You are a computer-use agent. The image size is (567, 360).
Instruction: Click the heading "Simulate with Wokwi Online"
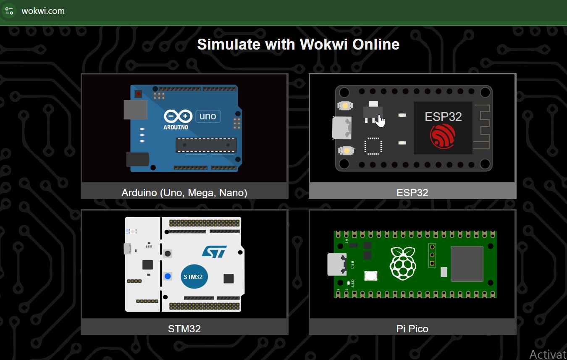(298, 44)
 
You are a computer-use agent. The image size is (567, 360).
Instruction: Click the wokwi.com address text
(43, 11)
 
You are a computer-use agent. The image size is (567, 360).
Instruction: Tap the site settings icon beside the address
(9, 11)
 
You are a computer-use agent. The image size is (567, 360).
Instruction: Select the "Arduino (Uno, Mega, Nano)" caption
(184, 193)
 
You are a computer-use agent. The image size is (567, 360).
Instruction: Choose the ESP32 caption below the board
(412, 193)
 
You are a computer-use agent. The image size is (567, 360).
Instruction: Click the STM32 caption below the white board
(184, 328)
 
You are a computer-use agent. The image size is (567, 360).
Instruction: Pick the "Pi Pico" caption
(412, 328)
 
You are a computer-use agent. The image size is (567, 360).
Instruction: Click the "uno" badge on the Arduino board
(208, 116)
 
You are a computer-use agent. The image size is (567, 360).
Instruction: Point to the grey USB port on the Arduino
(135, 109)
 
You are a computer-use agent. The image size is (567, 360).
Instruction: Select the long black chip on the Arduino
(206, 145)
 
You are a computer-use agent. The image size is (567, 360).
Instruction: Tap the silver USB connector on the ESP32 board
(341, 128)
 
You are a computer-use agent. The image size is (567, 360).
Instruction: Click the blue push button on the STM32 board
(168, 276)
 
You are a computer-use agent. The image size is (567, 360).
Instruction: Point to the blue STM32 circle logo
(194, 277)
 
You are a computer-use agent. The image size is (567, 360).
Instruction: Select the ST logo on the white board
(214, 252)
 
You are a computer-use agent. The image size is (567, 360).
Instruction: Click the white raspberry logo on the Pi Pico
(403, 263)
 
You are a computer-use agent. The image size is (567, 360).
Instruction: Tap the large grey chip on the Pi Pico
(467, 264)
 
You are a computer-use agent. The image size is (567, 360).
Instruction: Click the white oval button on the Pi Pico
(371, 276)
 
